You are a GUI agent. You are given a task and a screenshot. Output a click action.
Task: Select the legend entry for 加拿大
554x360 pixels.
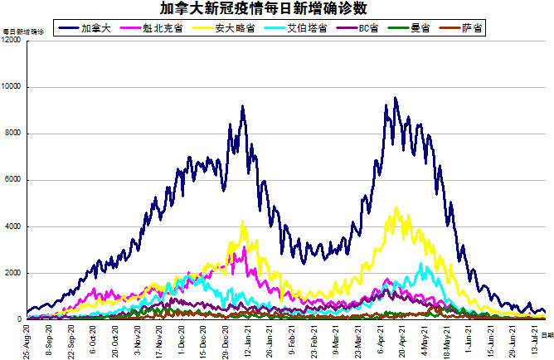(x=92, y=27)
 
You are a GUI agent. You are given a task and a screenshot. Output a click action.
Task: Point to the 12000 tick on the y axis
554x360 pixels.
(x=12, y=41)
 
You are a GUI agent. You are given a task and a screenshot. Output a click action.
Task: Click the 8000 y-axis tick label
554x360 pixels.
(x=15, y=134)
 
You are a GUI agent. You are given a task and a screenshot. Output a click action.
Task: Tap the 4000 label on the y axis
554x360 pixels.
(x=15, y=226)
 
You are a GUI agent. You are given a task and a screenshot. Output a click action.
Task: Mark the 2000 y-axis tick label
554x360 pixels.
(x=15, y=273)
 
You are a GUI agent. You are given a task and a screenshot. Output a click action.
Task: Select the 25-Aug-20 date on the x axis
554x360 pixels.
(x=27, y=340)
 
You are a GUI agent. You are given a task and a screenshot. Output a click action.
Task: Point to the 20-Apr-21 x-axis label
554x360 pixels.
(x=401, y=340)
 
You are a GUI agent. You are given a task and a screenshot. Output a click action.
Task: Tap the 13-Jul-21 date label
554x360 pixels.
(x=534, y=340)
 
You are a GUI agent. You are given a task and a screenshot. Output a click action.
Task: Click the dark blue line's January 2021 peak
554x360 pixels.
(x=242, y=106)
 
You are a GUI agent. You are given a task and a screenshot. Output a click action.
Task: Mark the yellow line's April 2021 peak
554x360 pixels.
(x=396, y=208)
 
